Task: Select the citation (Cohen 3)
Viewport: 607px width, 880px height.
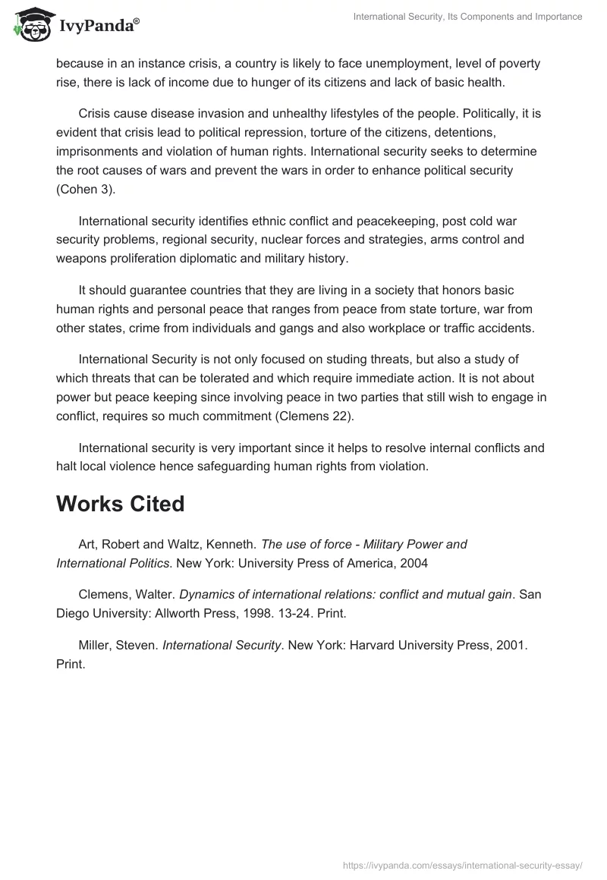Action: click(86, 189)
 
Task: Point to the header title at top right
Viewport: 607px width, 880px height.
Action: click(467, 16)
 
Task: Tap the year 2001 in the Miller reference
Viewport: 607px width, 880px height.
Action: click(511, 645)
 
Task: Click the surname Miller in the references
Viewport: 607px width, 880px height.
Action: click(96, 645)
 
